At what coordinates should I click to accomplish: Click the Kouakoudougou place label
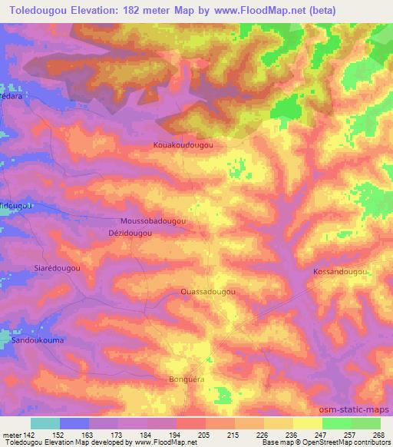(182, 144)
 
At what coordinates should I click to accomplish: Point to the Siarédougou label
(58, 267)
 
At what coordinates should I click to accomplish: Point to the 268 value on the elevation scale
(378, 435)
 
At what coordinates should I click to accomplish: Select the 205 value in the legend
(204, 435)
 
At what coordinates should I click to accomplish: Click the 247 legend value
(320, 435)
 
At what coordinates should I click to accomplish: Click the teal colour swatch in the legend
(45, 423)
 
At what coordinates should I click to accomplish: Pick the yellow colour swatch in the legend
(279, 423)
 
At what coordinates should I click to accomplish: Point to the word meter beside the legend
(11, 435)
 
